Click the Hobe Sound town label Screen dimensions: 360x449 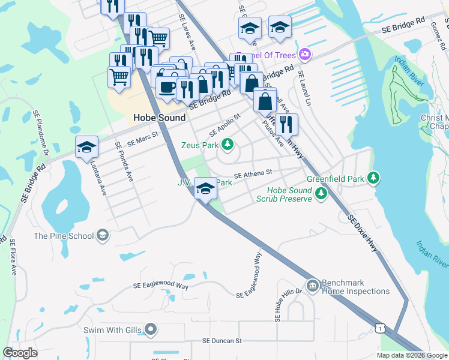(159, 118)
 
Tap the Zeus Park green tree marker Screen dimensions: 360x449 (227, 144)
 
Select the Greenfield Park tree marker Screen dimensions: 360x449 (373, 178)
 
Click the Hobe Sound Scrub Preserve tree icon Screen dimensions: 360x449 (321, 193)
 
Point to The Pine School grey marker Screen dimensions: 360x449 (103, 235)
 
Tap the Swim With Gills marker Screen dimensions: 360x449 (151, 329)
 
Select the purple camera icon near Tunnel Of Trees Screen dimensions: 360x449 (305, 55)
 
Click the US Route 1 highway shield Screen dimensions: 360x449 (379, 328)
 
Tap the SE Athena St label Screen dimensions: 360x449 (253, 173)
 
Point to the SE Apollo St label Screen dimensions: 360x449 (224, 124)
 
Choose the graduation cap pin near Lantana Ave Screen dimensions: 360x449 (86, 147)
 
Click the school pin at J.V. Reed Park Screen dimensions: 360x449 (205, 189)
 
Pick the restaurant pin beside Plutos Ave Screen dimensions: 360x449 (286, 123)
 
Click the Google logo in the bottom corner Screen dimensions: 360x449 (20, 352)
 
